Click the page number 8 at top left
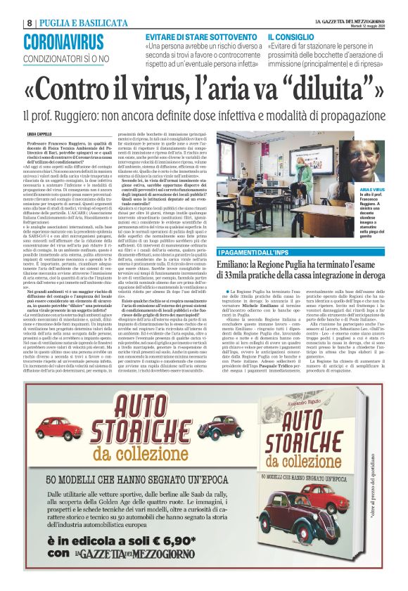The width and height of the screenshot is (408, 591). (x=29, y=22)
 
